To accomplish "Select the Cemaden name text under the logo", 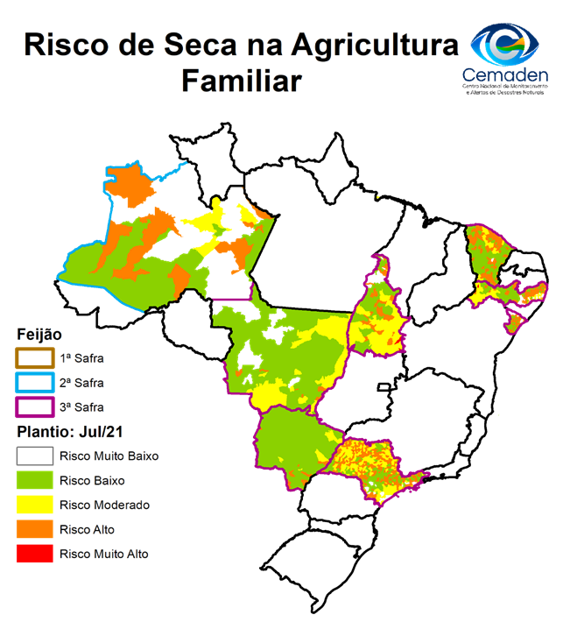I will point(505,75).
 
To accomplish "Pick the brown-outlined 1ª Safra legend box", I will point(35,358).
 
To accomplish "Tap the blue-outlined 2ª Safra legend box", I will point(35,383).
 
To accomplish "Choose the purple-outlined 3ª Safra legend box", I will point(35,407).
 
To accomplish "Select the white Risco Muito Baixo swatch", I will point(35,456).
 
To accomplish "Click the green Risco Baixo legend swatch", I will point(35,481).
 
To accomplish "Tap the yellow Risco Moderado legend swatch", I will point(35,505).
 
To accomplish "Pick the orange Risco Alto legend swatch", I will point(35,530).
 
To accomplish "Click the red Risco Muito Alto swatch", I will point(35,555).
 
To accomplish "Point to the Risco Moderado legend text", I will point(104,505).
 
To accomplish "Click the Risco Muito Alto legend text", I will point(104,555).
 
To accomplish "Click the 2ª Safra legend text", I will point(82,383).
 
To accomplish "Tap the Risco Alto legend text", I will point(88,530).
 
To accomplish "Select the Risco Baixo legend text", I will point(92,481).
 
